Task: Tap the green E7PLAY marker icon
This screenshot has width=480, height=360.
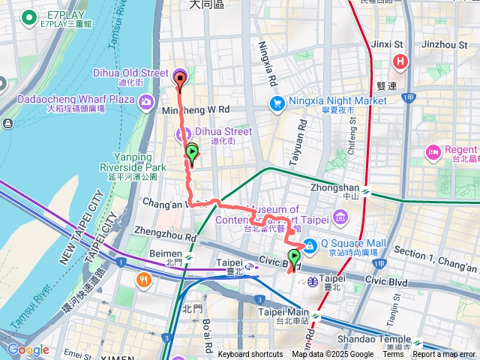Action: (29, 16)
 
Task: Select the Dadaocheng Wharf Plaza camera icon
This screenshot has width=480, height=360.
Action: (146, 100)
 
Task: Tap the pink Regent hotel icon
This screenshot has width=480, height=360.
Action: (433, 153)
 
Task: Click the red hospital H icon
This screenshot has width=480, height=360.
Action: (401, 61)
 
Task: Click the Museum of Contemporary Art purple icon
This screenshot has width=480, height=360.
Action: (342, 217)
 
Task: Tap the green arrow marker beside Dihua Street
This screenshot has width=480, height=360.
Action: (192, 154)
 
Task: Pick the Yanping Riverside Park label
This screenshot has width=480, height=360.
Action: (133, 167)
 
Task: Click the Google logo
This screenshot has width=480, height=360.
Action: (28, 349)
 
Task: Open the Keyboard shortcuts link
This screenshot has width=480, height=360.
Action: (250, 355)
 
